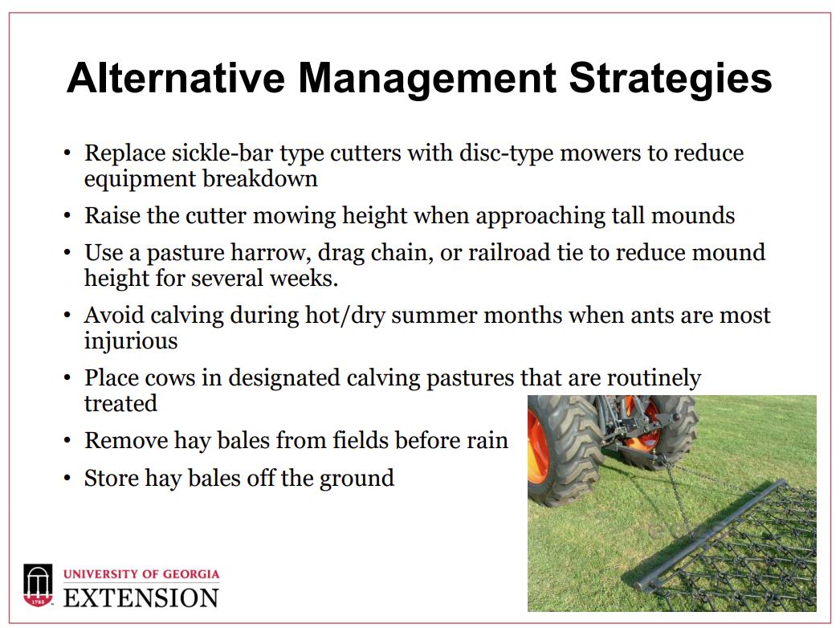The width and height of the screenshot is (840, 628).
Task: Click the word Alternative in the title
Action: (176, 78)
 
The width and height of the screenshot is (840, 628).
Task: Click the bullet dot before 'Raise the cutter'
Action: (67, 216)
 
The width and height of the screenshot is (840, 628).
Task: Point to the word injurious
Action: (131, 341)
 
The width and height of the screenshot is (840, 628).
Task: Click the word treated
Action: (120, 403)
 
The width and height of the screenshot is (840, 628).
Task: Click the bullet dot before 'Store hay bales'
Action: (67, 478)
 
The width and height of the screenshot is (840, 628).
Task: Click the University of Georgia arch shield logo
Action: (38, 585)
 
